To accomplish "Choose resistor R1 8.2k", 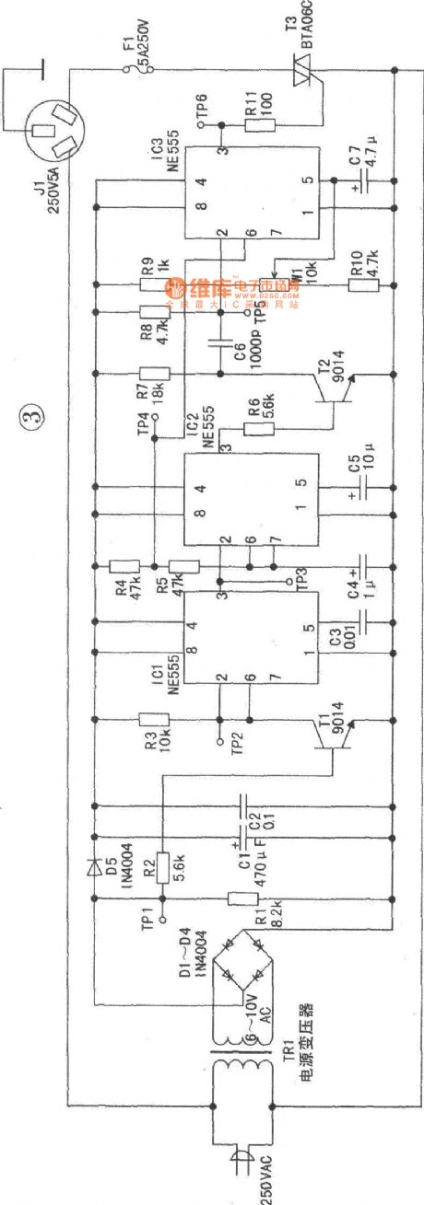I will (x=241, y=898).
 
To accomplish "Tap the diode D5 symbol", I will (x=93, y=867).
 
